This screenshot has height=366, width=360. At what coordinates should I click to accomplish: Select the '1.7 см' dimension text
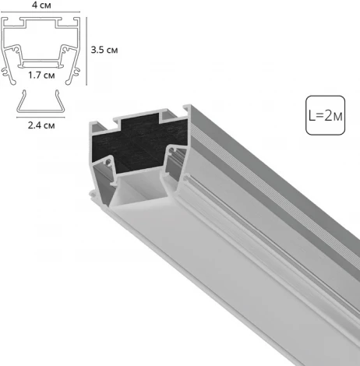pos(41,75)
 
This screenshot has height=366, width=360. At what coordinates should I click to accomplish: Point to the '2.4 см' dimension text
pos(41,124)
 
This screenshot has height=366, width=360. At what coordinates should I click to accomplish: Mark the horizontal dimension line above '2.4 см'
pos(41,114)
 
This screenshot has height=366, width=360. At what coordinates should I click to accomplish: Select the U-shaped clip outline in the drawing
pos(41,99)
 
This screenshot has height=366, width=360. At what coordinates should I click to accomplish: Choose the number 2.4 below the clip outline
pos(34,124)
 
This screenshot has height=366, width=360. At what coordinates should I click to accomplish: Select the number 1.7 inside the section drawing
pos(34,75)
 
